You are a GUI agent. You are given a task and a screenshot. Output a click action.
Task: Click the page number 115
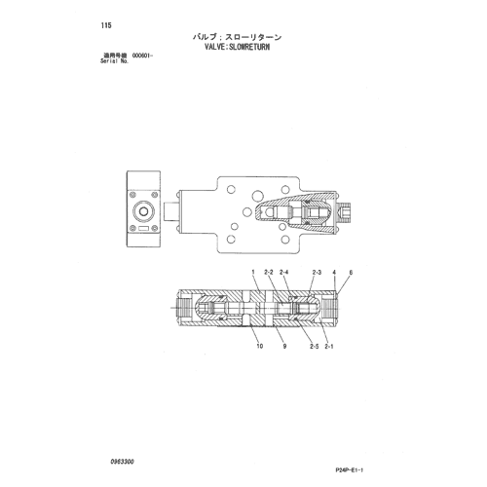(x=106, y=25)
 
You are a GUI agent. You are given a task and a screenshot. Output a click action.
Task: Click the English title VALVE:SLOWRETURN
(x=237, y=47)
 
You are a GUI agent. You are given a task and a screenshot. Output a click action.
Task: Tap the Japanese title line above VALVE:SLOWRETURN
(x=237, y=37)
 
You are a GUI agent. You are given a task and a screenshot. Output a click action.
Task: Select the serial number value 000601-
(x=142, y=56)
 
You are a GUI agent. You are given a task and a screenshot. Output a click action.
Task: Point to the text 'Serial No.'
(x=115, y=61)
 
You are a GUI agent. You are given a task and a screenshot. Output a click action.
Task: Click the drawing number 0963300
(x=122, y=462)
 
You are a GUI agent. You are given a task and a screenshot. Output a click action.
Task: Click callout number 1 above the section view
(x=253, y=273)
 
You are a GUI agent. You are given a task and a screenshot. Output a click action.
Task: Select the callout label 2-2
(x=269, y=273)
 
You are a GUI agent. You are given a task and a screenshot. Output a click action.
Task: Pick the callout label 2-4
(x=283, y=273)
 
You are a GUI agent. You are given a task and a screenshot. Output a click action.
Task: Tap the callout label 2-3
(x=317, y=273)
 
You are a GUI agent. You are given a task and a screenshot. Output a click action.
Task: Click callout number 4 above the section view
(x=334, y=273)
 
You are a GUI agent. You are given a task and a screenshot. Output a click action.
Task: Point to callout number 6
(x=351, y=273)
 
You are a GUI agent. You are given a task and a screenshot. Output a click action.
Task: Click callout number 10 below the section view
(x=260, y=346)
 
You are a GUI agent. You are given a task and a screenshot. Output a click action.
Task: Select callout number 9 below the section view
(x=284, y=346)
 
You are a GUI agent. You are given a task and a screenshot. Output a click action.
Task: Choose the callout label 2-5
(x=314, y=346)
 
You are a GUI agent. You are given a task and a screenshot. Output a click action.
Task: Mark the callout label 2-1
(x=329, y=346)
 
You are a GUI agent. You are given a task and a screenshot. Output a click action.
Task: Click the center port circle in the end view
(x=143, y=211)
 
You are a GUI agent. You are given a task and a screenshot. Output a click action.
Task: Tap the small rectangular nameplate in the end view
(x=143, y=229)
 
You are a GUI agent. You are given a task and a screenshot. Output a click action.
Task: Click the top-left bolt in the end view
(x=132, y=195)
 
